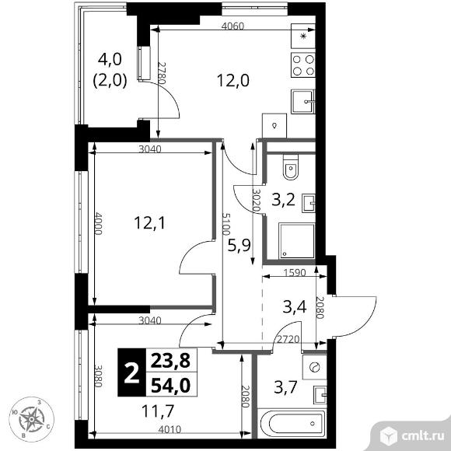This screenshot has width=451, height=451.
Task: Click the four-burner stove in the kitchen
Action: click(303, 65)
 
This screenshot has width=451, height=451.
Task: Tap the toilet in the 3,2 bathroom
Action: click(291, 167)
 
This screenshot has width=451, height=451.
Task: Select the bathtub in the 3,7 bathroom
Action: click(292, 423)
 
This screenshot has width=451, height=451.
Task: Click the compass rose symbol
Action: click(31, 419)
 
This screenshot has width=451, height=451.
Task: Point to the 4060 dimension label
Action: click(232, 26)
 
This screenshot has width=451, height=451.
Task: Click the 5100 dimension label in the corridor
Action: click(226, 224)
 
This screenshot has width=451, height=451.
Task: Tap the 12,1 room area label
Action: click(149, 223)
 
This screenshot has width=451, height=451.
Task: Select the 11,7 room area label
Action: click(158, 411)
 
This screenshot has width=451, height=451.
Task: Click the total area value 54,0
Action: click(170, 385)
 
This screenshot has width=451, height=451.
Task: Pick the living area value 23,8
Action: click(170, 361)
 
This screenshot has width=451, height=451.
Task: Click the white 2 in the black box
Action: click(131, 373)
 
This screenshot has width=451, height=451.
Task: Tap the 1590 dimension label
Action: click(294, 272)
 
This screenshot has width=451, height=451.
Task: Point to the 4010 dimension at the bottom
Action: click(170, 429)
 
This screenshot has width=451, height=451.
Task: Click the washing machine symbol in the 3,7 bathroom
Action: click(315, 367)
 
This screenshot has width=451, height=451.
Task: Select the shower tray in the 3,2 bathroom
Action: click(297, 240)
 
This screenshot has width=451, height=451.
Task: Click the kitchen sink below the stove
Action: click(303, 102)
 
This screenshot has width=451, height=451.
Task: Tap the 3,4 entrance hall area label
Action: click(295, 306)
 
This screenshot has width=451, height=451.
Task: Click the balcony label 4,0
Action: click(110, 59)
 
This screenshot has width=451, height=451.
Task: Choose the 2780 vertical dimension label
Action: click(163, 73)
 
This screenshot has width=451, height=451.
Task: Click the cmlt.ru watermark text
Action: click(422, 437)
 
